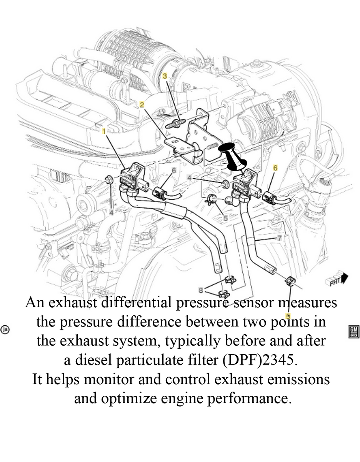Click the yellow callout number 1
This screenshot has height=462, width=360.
coord(103,131)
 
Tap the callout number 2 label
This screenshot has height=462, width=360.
coord(142,105)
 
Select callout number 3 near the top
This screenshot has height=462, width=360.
coord(165,76)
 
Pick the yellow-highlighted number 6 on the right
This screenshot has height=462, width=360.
coord(275,168)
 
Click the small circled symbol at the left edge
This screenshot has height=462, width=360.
coord(5,330)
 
